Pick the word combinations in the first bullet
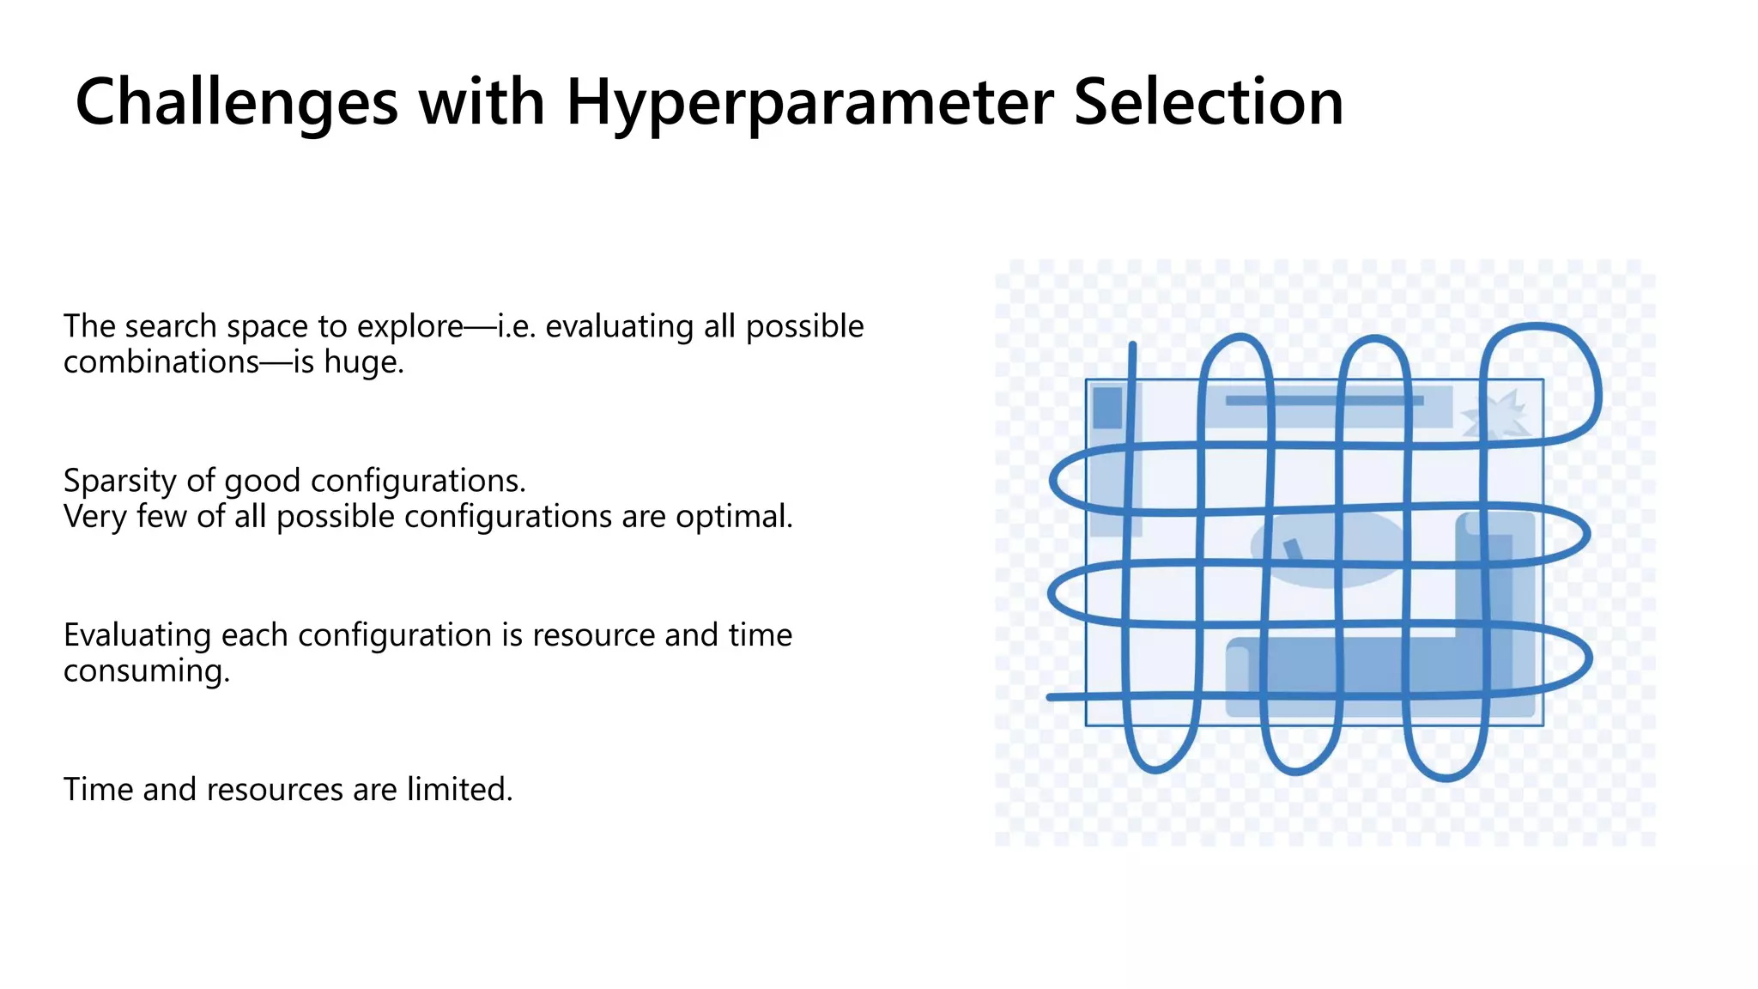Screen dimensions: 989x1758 pos(161,362)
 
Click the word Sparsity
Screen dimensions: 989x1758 pos(120,481)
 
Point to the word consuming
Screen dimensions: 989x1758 pos(146,670)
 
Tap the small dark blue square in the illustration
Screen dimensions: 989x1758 pos(1107,408)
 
